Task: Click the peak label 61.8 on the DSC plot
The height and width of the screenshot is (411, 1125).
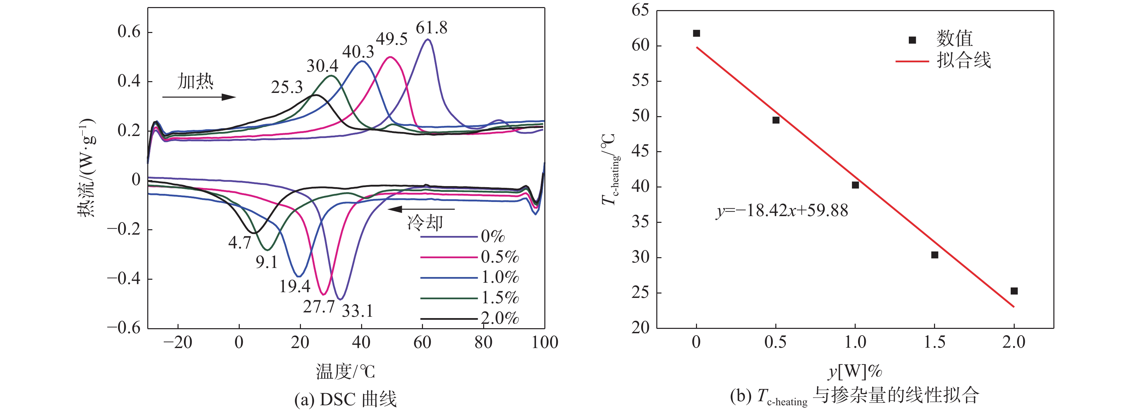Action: click(431, 28)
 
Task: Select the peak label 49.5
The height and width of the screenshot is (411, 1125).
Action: click(391, 39)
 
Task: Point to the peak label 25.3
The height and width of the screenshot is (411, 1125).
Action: click(286, 88)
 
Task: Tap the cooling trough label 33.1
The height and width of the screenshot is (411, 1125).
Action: click(357, 311)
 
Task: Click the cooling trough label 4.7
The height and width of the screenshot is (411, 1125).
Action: click(239, 242)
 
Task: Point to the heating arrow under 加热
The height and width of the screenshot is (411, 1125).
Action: click(199, 97)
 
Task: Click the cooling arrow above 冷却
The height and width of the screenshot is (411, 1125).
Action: click(421, 209)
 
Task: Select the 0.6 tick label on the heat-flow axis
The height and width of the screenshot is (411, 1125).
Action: click(129, 32)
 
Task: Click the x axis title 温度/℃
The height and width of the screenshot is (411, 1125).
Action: click(345, 372)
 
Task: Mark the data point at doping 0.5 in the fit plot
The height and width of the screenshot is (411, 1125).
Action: click(776, 120)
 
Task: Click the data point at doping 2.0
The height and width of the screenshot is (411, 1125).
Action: click(1014, 291)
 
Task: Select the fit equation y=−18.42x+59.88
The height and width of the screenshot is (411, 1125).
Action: click(782, 211)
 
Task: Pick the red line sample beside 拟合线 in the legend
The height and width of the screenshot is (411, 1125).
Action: click(912, 61)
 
